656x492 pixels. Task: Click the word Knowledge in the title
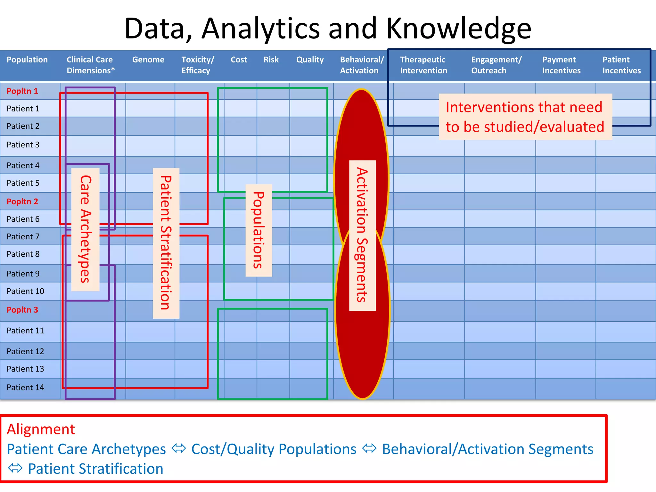coord(459,29)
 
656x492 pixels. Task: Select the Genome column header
coord(148,60)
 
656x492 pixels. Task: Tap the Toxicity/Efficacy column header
coord(198,65)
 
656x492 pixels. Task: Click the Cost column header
coord(239,60)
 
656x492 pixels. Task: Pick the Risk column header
coord(271,60)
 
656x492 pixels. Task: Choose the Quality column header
coord(310,60)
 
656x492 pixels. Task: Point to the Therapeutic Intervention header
coord(423,65)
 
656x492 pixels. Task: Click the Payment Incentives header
coord(561,65)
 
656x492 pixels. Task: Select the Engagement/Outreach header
coord(496,65)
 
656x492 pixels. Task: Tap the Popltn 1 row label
coord(22,91)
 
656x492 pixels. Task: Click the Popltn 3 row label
coord(22,310)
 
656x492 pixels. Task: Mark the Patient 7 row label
coord(23,237)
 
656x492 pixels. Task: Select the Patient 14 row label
coord(25,388)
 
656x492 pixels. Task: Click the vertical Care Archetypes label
coord(85,229)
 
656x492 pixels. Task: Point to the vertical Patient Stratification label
coord(166,243)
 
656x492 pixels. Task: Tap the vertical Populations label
coord(258,230)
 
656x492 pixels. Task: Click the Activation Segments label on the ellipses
coord(362,235)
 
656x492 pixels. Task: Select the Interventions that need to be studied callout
coord(525,117)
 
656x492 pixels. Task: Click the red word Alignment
coord(41,430)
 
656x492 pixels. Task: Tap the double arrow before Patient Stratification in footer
coord(15,468)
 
